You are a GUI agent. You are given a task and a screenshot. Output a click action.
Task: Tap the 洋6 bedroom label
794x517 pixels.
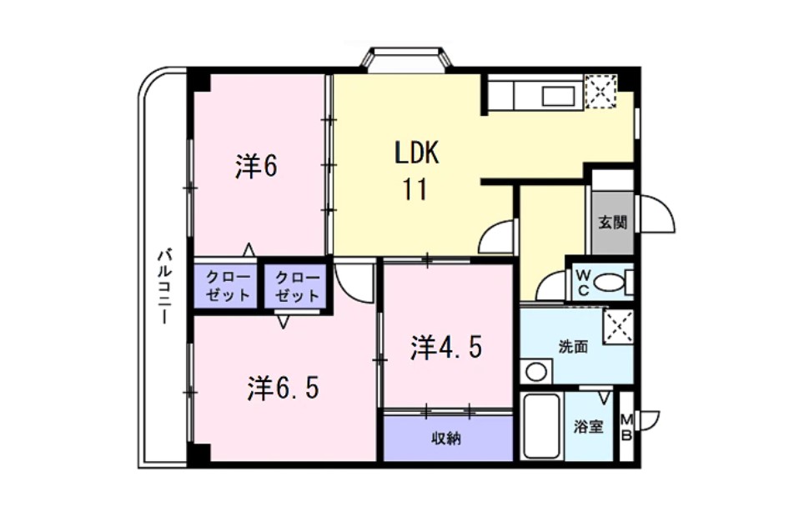click(x=255, y=168)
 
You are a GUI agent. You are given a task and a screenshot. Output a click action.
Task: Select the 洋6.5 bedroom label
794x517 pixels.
click(x=284, y=388)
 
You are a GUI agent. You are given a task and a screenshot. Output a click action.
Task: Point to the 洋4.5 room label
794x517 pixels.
click(x=446, y=348)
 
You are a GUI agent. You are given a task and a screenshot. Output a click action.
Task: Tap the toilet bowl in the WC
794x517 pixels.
click(x=615, y=284)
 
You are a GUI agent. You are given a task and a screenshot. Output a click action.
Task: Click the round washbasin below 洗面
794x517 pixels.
click(x=535, y=371)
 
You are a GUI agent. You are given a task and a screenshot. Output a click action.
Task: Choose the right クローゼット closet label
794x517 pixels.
click(x=296, y=286)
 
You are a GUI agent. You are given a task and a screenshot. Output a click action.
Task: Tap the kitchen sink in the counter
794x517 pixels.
click(x=558, y=96)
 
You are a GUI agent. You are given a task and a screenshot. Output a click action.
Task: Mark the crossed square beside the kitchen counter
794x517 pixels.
click(x=600, y=91)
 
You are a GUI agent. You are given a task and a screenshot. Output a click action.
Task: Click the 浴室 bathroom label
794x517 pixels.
click(x=588, y=427)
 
